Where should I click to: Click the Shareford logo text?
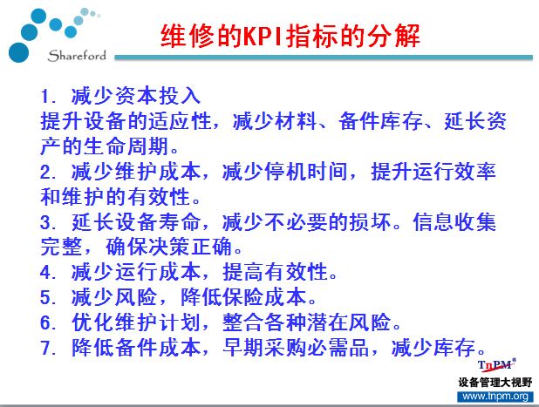click(77, 56)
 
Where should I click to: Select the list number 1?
click(47, 96)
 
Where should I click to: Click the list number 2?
click(47, 172)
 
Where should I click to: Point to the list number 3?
click(47, 222)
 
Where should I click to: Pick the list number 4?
click(47, 273)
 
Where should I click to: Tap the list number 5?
click(47, 297)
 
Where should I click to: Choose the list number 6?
click(47, 322)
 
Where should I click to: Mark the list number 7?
click(47, 348)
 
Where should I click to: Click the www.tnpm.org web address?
click(495, 397)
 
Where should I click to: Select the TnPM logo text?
click(496, 365)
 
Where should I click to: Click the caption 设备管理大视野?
click(495, 383)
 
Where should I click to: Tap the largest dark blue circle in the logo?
click(18, 52)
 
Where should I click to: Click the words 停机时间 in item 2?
click(306, 172)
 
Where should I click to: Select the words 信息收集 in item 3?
click(454, 222)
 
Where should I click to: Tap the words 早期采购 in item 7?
click(264, 348)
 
